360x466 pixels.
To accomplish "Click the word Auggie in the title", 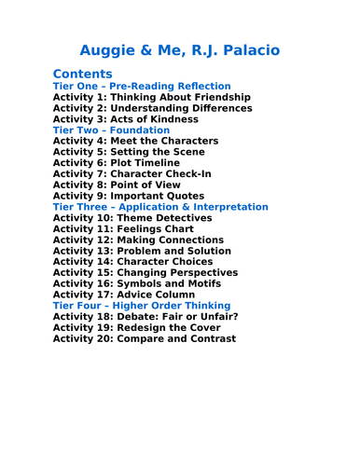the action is tap(111, 49).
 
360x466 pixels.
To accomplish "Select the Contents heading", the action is tap(83, 74).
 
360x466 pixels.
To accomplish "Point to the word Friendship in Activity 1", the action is tap(217, 97).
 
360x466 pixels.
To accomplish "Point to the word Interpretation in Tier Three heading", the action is tap(234, 207).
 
